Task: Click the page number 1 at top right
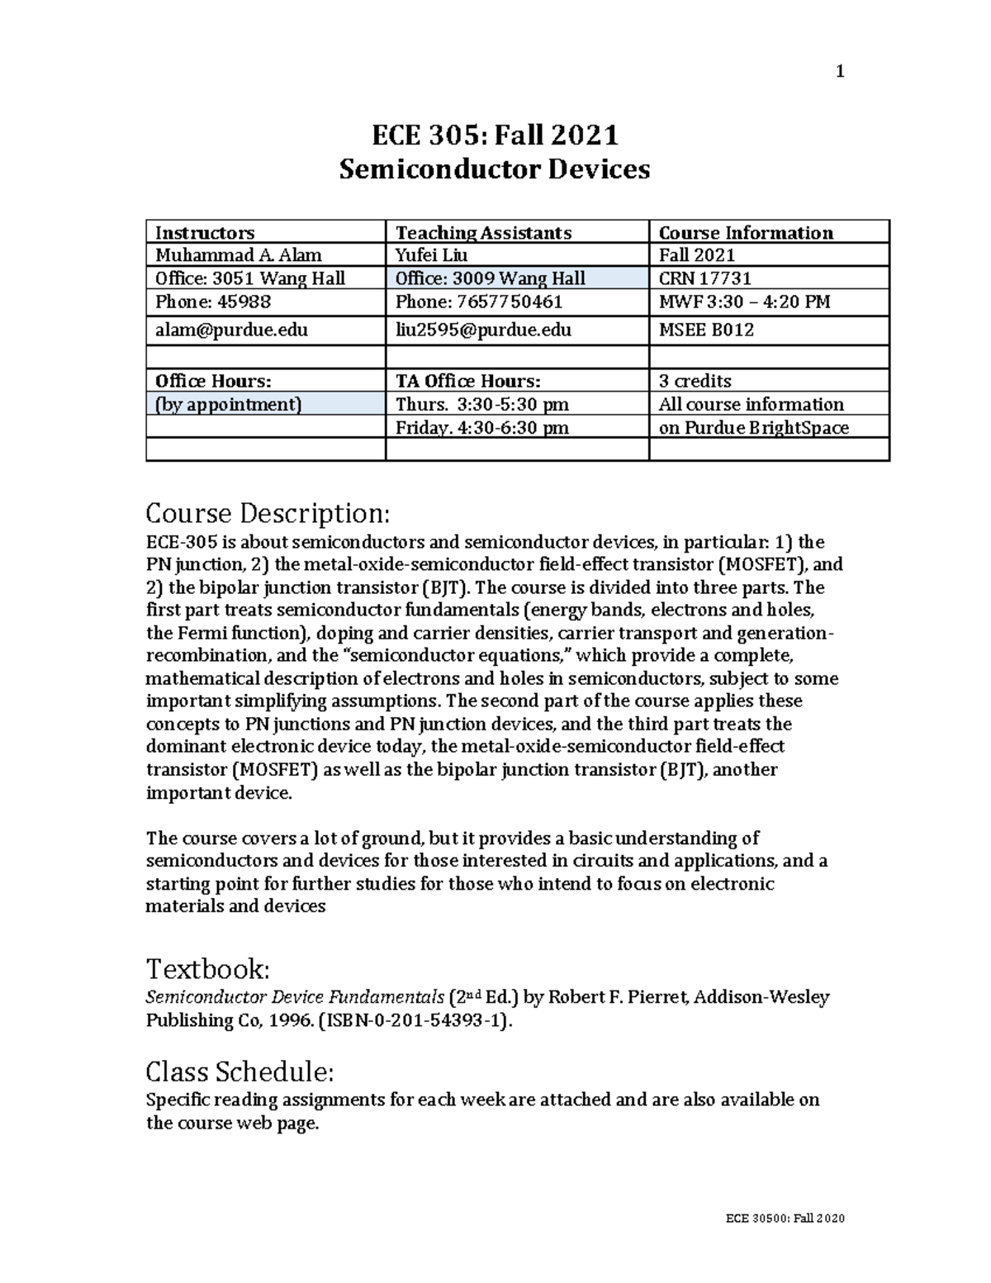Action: click(840, 72)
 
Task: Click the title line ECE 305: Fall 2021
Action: click(495, 134)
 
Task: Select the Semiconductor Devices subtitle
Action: click(495, 169)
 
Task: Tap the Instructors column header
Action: click(205, 233)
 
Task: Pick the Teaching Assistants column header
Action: click(483, 233)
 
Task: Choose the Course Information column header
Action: click(746, 233)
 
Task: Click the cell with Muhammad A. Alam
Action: click(239, 255)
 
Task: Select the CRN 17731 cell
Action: click(704, 278)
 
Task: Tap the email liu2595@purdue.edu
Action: click(483, 330)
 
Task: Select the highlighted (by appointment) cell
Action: click(228, 404)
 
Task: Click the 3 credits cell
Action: click(695, 381)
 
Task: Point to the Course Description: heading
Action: click(267, 514)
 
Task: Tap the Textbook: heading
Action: click(207, 967)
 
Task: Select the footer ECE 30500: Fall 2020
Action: click(785, 1219)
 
